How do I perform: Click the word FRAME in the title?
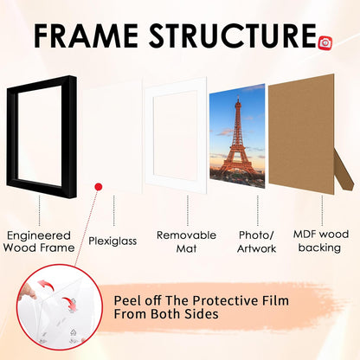coord(86,35)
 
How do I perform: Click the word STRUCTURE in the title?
coord(233,35)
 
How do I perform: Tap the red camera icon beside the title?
coord(325,43)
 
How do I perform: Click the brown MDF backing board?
coord(301,134)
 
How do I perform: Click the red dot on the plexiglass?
coord(99,187)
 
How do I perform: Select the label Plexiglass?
coord(112,241)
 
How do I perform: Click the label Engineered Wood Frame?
coord(39,241)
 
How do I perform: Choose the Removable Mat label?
coord(186,241)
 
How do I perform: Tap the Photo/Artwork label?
coord(256,241)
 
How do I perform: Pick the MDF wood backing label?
coord(321,241)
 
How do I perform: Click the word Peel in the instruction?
coord(127,300)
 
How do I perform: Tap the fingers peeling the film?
coord(28,292)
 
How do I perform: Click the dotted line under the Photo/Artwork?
coord(258,210)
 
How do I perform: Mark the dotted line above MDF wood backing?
coord(322,210)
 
